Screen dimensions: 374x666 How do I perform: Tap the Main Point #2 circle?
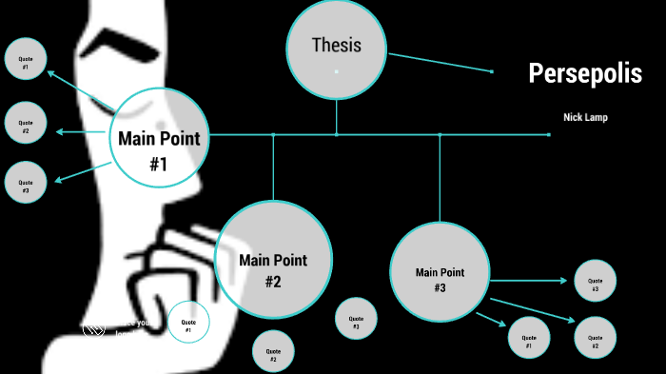[x=273, y=259]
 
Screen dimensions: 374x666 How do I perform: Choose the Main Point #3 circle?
[x=440, y=271]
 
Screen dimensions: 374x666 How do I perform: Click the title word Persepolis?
[x=585, y=73]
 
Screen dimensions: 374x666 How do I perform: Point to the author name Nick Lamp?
[x=585, y=117]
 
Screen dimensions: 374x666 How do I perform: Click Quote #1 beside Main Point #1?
[x=26, y=63]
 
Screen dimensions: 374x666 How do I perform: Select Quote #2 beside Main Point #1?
[x=26, y=123]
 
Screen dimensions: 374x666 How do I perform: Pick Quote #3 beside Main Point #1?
[x=26, y=182]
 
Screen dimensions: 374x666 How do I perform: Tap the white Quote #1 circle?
[x=188, y=323]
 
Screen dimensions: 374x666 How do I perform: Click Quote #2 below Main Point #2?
[x=273, y=351]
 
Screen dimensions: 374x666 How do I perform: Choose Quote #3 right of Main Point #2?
[x=356, y=319]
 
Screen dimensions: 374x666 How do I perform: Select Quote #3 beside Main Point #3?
[x=595, y=281]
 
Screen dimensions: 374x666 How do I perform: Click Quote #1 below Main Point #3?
[x=529, y=338]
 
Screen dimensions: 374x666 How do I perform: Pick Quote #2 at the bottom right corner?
[x=595, y=338]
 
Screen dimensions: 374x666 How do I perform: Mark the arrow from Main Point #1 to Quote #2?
[x=84, y=131]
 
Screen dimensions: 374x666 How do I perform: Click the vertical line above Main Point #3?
[x=440, y=176]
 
